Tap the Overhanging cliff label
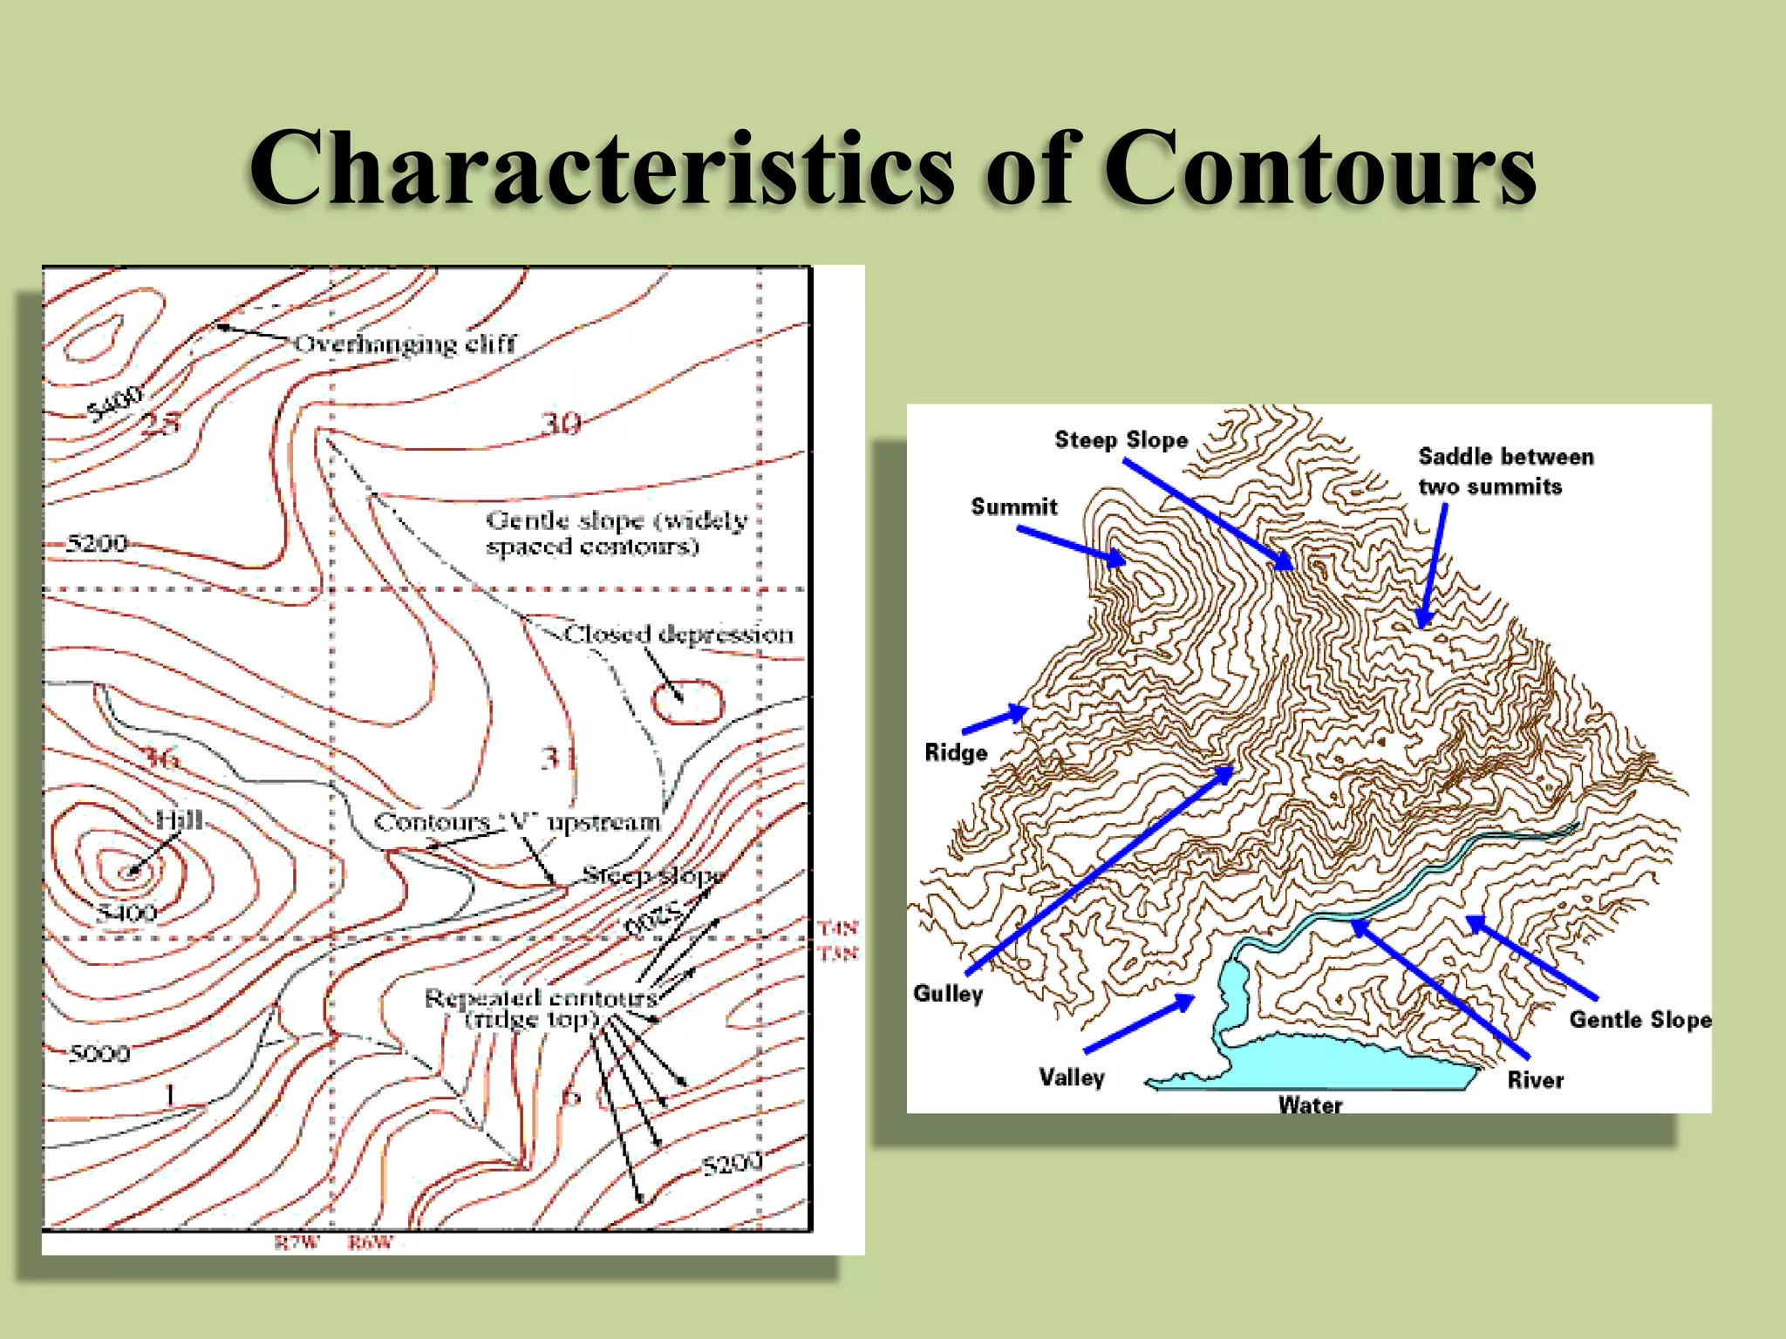coord(406,343)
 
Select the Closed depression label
coord(678,634)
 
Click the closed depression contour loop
coord(688,703)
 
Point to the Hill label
coord(179,820)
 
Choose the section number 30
coord(561,424)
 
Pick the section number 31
coord(558,758)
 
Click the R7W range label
coord(297,1242)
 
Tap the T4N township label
coord(838,928)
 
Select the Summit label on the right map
coord(1014,506)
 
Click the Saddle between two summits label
coord(1505,471)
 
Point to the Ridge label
coord(956,752)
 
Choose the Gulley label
coord(948,993)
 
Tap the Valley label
coord(1072,1077)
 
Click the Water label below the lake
coord(1310,1105)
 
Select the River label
coord(1535,1080)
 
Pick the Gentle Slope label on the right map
coord(1639,1019)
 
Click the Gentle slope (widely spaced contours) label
coord(617,533)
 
